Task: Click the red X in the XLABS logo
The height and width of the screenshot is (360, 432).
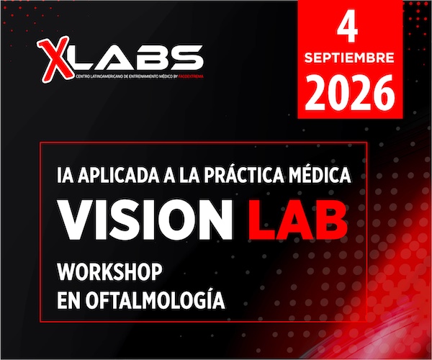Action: pos(56,59)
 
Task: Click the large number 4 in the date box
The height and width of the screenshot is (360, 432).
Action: pos(348,28)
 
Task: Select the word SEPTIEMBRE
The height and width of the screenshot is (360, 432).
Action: pos(349,58)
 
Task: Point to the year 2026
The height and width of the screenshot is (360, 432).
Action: pos(350,93)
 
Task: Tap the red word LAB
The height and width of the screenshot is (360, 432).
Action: pos(298,219)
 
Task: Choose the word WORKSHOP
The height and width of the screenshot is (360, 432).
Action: pos(109,272)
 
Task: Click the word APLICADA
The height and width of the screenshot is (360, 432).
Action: pos(119,175)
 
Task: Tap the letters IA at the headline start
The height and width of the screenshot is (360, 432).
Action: pos(66,175)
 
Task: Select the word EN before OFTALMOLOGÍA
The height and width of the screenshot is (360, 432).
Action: pos(69,300)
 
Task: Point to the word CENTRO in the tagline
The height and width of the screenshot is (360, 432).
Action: pos(83,76)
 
